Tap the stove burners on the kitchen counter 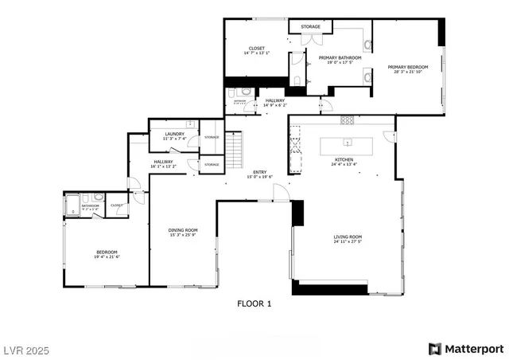click(348, 120)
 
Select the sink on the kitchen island click(348, 143)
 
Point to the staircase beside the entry click(233, 151)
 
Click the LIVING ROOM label click(347, 236)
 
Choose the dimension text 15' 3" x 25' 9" click(182, 235)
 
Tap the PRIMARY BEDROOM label click(408, 67)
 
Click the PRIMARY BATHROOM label click(340, 57)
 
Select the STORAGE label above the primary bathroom click(311, 26)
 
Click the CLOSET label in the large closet click(257, 48)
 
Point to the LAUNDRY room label click(174, 134)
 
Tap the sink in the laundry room click(191, 123)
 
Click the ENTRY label click(260, 172)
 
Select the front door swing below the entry click(279, 192)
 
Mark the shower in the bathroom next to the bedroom click(72, 205)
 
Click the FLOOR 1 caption click(254, 303)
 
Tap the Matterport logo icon click(433, 348)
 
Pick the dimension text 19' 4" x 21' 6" click(107, 256)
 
